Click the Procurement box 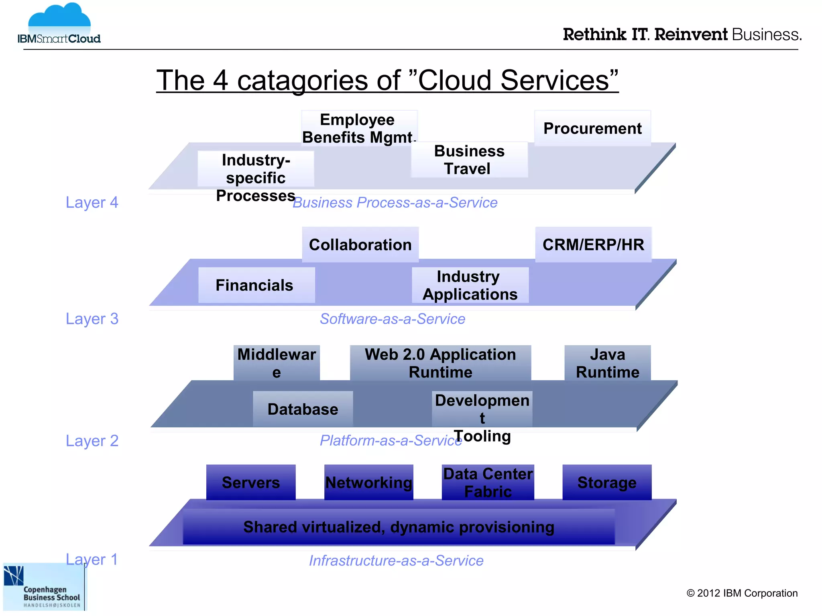click(592, 128)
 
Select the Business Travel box click(469, 160)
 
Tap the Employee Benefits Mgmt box click(359, 128)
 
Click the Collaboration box click(360, 245)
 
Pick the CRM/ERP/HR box click(593, 245)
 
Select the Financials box click(256, 285)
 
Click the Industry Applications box click(470, 285)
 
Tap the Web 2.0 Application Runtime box click(440, 363)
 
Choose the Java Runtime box click(607, 363)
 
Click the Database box click(303, 409)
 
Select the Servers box click(251, 482)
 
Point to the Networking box click(368, 482)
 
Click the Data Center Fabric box click(488, 482)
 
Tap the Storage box click(607, 482)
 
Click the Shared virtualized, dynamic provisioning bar click(399, 527)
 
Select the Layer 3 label click(92, 319)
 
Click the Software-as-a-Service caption click(392, 319)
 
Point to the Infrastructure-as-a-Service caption click(396, 560)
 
